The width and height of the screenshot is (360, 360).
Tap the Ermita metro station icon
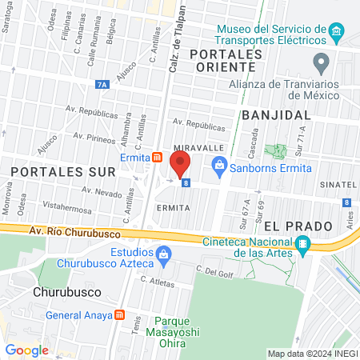point(158,157)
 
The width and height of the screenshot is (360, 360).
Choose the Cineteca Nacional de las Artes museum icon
point(302,244)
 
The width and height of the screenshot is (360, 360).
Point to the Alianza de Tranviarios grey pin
point(322,62)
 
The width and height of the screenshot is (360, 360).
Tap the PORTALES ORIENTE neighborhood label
point(226,60)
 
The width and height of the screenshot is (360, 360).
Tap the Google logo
point(26,350)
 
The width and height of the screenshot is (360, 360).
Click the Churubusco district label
point(65,293)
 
